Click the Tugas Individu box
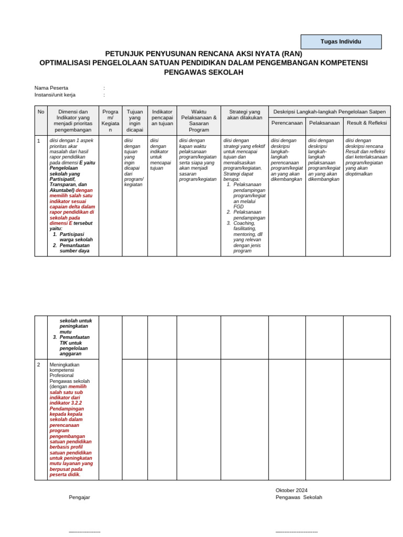(341, 42)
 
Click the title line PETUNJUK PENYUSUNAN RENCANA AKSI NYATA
(204, 53)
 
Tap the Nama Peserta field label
(51, 88)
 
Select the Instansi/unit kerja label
(55, 95)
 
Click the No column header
(41, 112)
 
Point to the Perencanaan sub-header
(287, 123)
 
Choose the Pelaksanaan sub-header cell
(324, 123)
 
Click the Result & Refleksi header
(367, 123)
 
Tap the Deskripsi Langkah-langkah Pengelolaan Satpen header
(330, 112)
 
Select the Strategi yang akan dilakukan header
(244, 115)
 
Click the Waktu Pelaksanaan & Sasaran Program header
(198, 121)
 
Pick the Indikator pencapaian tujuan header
(162, 117)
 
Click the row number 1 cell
(39, 141)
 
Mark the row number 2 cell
(39, 364)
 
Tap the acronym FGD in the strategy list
(239, 207)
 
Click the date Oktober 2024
(291, 490)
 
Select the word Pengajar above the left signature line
(79, 497)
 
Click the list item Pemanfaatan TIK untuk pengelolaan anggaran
(74, 345)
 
